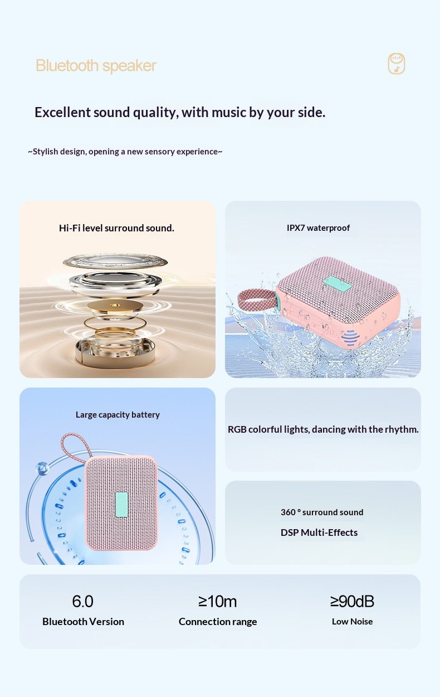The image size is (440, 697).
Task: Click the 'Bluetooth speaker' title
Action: pyautogui.click(x=96, y=66)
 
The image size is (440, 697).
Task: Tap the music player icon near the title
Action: pyautogui.click(x=397, y=64)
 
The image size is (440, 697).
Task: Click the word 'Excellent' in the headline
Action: pyautogui.click(x=62, y=112)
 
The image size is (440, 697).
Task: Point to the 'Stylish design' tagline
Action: pyautogui.click(x=125, y=152)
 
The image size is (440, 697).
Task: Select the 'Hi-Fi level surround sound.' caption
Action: pyautogui.click(x=116, y=228)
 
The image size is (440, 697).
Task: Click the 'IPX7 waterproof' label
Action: pyautogui.click(x=318, y=228)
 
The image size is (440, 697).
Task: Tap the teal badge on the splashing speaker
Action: pyautogui.click(x=338, y=284)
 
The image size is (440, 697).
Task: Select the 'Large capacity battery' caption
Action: pyautogui.click(x=118, y=415)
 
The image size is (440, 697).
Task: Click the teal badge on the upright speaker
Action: pyautogui.click(x=122, y=505)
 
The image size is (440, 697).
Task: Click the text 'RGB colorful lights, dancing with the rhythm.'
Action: pyautogui.click(x=323, y=429)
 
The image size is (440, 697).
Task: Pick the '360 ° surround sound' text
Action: pyautogui.click(x=322, y=512)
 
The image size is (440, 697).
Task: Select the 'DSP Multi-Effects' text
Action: pyautogui.click(x=319, y=533)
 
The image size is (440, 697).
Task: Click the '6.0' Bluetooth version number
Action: pyautogui.click(x=82, y=601)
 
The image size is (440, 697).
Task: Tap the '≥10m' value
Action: pyautogui.click(x=218, y=601)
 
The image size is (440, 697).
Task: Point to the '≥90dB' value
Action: pyautogui.click(x=352, y=601)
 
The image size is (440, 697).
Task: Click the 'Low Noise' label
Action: pyautogui.click(x=353, y=621)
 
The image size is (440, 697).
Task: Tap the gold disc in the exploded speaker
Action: pyautogui.click(x=115, y=306)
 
